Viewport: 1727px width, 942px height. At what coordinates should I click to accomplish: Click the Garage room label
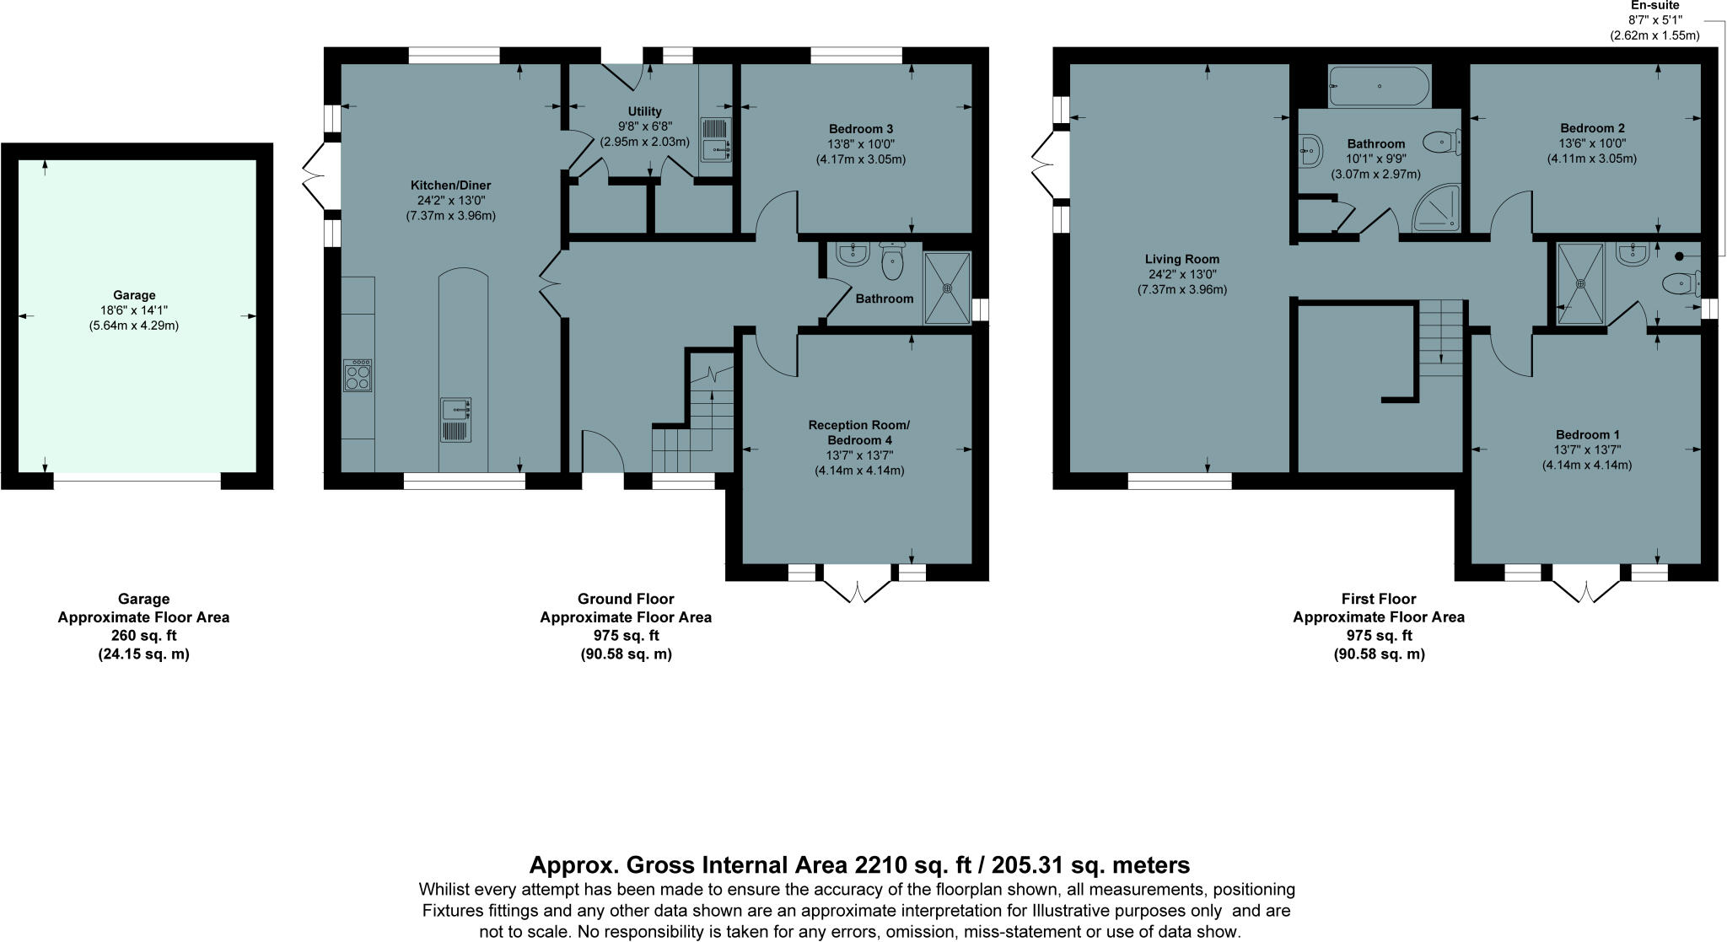pos(135,295)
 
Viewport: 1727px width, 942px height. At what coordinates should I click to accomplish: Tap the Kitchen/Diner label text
pos(450,186)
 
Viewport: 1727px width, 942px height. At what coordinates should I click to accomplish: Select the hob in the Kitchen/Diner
pos(358,374)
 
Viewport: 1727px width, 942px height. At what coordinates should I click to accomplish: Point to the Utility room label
pos(644,111)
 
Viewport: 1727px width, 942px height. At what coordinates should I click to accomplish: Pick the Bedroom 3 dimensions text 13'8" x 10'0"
pos(860,144)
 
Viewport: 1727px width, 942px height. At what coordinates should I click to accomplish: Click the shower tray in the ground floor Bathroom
pos(947,288)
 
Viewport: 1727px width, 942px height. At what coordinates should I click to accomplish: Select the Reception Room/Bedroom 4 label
pos(859,433)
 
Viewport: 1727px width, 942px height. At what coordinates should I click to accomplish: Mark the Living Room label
pos(1181,259)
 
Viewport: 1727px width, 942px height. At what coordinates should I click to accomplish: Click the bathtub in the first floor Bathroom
pos(1379,86)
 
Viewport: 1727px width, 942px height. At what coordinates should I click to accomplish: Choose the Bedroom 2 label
pos(1592,128)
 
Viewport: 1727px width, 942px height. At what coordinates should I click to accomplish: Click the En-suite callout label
pos(1654,6)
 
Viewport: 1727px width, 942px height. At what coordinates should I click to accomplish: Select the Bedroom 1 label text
pos(1588,435)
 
